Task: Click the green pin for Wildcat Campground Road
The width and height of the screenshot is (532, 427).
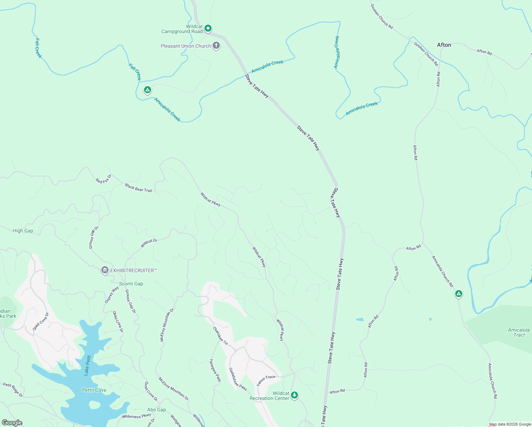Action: click(208, 28)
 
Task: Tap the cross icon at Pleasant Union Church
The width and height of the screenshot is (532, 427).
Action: click(216, 46)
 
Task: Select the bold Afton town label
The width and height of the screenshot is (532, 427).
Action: click(444, 45)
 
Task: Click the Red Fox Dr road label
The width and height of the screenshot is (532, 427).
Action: click(103, 179)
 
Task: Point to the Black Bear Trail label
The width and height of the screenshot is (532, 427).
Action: click(138, 188)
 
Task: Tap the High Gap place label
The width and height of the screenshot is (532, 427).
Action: click(23, 231)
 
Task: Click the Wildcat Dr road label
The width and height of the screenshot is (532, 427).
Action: click(149, 243)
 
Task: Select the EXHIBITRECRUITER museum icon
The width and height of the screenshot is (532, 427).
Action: click(105, 270)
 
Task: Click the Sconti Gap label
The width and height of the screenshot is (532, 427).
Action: click(131, 284)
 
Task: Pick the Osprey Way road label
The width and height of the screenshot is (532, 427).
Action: click(111, 295)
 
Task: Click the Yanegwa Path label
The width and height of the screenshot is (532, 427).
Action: click(215, 370)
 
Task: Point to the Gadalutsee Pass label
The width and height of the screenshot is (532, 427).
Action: click(238, 379)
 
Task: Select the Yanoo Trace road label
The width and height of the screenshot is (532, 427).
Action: click(266, 380)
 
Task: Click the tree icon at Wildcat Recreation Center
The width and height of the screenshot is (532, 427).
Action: click(294, 395)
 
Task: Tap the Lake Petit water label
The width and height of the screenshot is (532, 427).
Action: click(87, 365)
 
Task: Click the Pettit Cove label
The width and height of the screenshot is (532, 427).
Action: click(94, 390)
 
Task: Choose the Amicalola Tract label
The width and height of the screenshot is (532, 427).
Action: click(518, 332)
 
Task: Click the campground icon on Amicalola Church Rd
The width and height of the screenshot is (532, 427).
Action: click(459, 294)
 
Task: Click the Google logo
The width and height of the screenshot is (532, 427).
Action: click(12, 423)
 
